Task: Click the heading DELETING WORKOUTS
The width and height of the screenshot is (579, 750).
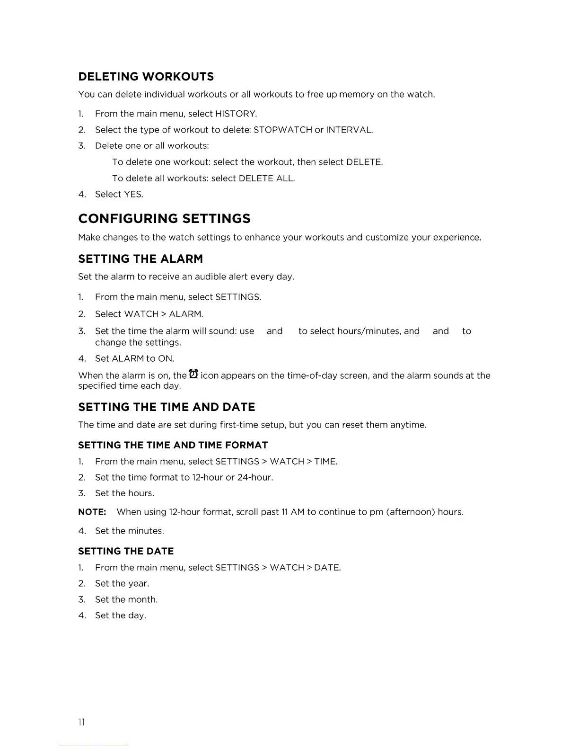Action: (146, 77)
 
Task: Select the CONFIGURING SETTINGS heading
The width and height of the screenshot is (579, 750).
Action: (164, 219)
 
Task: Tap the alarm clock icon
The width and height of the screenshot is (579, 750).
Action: (193, 374)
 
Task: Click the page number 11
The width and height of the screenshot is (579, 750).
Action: (81, 722)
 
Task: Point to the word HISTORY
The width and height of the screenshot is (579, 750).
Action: (235, 114)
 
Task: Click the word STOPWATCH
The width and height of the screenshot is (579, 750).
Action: (282, 130)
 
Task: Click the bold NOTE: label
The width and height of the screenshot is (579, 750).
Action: (92, 512)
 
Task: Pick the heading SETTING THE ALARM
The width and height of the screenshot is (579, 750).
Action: (140, 259)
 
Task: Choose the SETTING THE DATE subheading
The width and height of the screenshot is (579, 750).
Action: (126, 551)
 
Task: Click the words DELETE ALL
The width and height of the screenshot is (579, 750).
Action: (266, 179)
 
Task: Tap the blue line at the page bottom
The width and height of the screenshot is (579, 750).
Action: (93, 746)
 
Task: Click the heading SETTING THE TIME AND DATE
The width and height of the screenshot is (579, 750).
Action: (167, 407)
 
